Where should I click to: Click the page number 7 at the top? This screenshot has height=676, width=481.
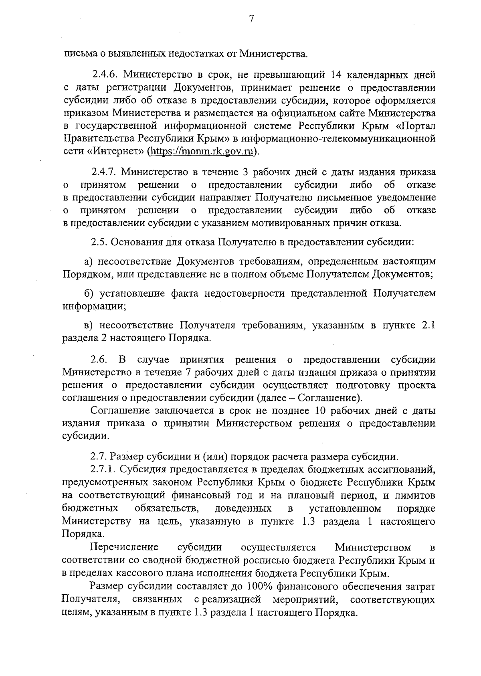tap(251, 19)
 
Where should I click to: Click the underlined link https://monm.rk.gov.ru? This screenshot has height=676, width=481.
tap(202, 152)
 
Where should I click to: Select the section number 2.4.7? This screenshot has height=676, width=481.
tap(104, 172)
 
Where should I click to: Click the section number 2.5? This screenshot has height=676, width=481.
tap(98, 242)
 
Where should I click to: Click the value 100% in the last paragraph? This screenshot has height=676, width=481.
tap(260, 587)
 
